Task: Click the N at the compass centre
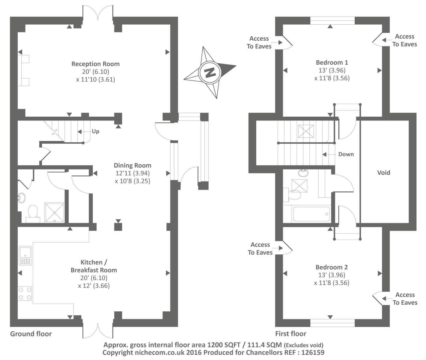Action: coord(210,72)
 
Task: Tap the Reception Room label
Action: coord(95,64)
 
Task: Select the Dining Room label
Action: coord(133,165)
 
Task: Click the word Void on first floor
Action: coord(383,172)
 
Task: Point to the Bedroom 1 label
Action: coord(332,62)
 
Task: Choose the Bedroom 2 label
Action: coord(332,267)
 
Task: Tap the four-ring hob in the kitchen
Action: coord(25,293)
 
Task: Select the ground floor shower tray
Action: coord(54,213)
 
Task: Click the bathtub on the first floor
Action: coord(311,214)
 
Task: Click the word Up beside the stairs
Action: coord(95,131)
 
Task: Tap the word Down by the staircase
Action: coord(346,154)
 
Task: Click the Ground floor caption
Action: coord(31,334)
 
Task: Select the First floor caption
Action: coord(290,334)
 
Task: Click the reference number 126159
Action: coord(311,352)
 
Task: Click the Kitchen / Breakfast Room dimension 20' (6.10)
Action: coord(94,278)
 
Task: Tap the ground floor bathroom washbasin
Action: coord(22,198)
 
